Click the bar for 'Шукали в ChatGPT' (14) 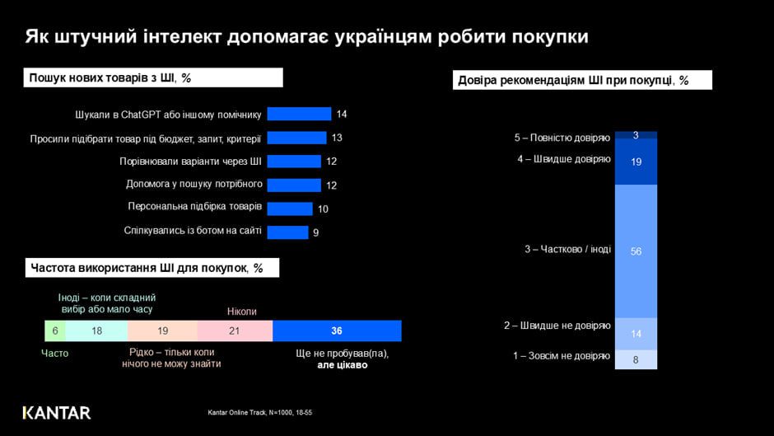(x=299, y=114)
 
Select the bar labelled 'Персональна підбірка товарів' (x=290, y=209)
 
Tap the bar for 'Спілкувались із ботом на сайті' (x=287, y=232)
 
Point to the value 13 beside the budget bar (x=336, y=138)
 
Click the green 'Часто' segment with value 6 (x=55, y=331)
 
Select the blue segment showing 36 (x=337, y=331)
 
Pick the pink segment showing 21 (x=235, y=331)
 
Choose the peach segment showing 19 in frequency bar (x=162, y=331)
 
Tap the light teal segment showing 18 (x=96, y=331)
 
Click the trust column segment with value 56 (x=636, y=251)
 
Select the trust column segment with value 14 (x=636, y=334)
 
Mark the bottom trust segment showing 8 (x=636, y=359)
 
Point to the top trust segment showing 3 (x=636, y=135)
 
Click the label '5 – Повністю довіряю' (x=562, y=137)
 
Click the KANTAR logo (x=57, y=412)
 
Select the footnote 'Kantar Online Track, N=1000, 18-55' (x=260, y=412)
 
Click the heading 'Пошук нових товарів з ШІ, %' (x=110, y=77)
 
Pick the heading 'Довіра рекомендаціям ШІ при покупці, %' (x=572, y=80)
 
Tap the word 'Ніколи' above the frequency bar (x=242, y=312)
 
